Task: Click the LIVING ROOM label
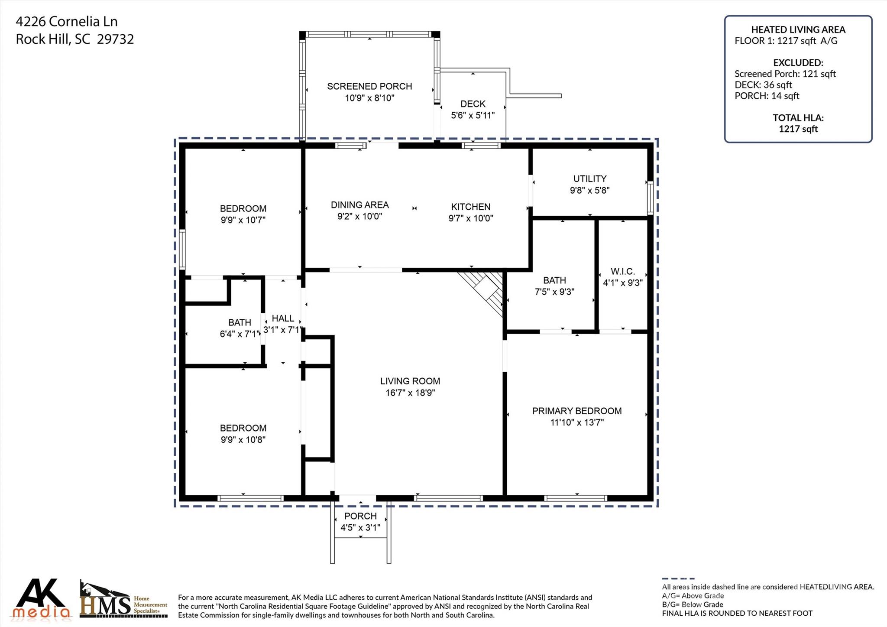tap(410, 381)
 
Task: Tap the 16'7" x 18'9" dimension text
tap(410, 393)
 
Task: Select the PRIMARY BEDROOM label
tap(576, 411)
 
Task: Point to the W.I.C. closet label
tap(622, 272)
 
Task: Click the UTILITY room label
tap(589, 179)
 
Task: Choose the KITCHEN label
tap(470, 207)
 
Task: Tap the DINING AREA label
tap(359, 205)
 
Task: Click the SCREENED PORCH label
tap(369, 86)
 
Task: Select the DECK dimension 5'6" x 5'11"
tap(473, 115)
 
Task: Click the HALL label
tap(283, 318)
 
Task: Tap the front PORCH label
tap(360, 516)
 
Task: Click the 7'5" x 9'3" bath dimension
tap(554, 292)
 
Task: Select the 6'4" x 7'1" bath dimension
tap(240, 334)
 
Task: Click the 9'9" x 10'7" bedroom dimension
tap(243, 220)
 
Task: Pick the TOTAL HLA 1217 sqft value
tap(798, 129)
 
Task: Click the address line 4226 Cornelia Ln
tap(67, 21)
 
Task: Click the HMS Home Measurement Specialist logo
tap(123, 600)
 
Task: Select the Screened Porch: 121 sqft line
tap(785, 74)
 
